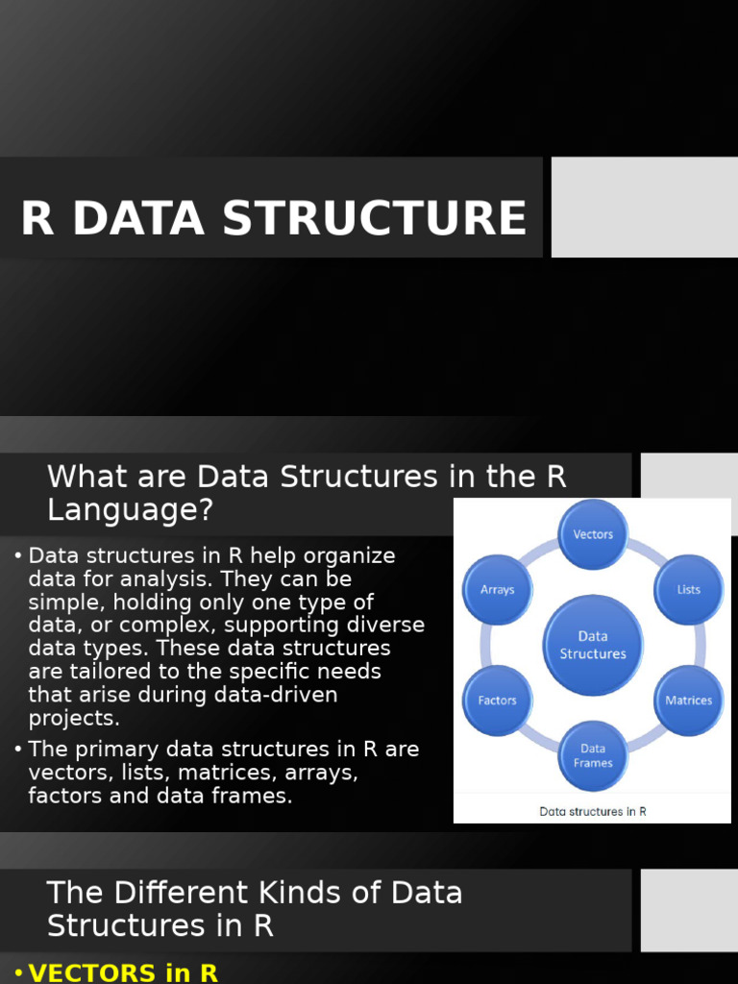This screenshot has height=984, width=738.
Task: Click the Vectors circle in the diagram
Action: pos(593,533)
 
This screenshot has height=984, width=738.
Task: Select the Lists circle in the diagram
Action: pos(688,589)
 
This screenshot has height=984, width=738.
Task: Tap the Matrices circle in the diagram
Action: pos(688,700)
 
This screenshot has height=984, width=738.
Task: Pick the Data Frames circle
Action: pos(593,755)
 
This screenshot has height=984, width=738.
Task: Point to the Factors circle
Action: pos(498,700)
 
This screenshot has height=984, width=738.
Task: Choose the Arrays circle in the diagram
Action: pos(498,589)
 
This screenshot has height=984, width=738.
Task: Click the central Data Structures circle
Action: pos(593,645)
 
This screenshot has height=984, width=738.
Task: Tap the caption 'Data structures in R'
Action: pos(593,811)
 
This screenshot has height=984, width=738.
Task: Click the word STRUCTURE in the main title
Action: pos(375,218)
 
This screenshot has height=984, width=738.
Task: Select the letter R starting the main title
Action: pos(37,218)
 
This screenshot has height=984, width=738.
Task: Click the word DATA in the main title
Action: pos(138,218)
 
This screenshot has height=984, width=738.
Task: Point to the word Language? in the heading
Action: pos(130,509)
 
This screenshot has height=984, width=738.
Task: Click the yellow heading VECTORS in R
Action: pos(123,972)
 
